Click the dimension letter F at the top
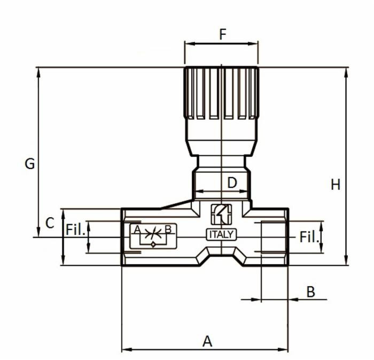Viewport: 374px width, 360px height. [x=222, y=34]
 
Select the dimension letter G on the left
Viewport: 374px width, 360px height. [x=30, y=164]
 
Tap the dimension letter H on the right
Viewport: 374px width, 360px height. [x=336, y=185]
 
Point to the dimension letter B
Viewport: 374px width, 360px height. [x=310, y=292]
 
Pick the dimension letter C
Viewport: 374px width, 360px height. [x=50, y=223]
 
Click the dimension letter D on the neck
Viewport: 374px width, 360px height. [x=232, y=183]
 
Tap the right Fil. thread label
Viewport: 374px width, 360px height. [x=309, y=237]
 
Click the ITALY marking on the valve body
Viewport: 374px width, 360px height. [x=221, y=234]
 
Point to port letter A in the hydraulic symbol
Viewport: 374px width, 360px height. [x=137, y=229]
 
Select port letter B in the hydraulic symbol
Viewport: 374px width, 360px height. [x=168, y=229]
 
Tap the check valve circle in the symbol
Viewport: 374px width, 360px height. [x=153, y=244]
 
